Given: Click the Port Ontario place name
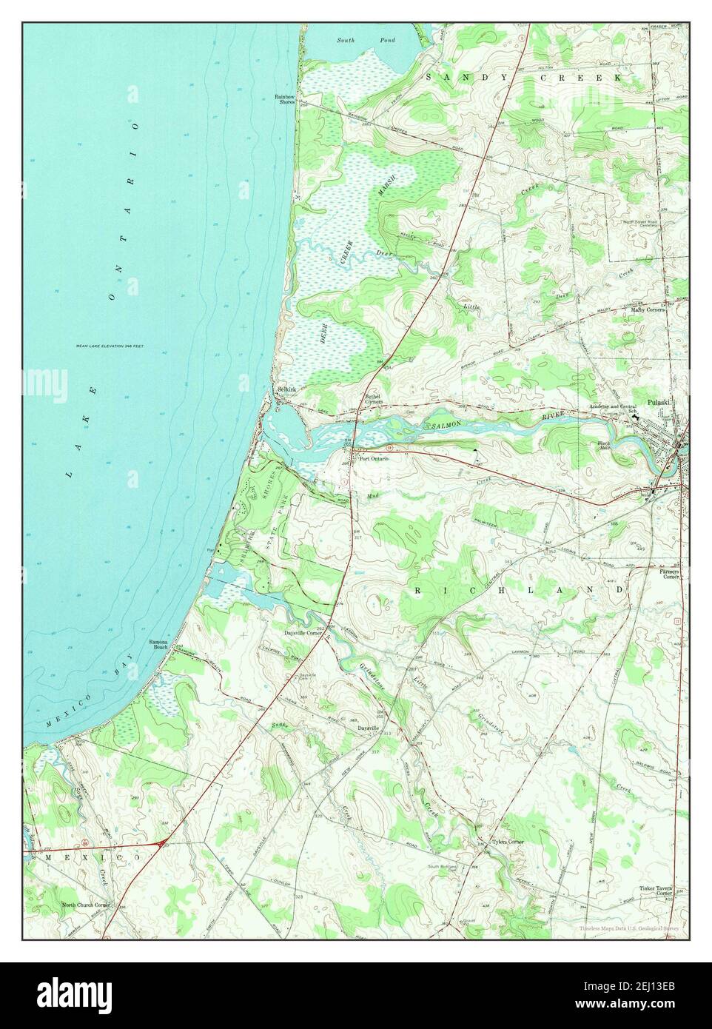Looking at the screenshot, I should coord(374,458).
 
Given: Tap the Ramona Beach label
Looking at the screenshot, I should coord(159,644).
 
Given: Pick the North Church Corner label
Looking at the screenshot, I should coord(86,905).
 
